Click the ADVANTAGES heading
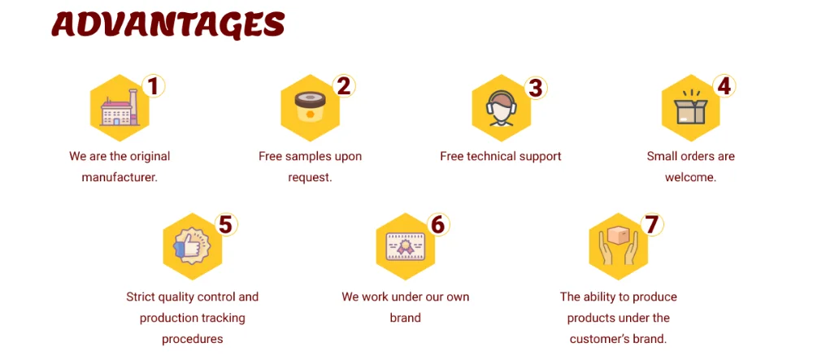point(168,25)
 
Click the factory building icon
point(120,110)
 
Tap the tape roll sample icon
point(310,109)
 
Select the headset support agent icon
point(501,110)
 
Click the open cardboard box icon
point(691,110)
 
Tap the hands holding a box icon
point(618,246)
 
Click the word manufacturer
point(120,176)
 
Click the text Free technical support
point(501,156)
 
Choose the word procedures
point(192,338)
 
